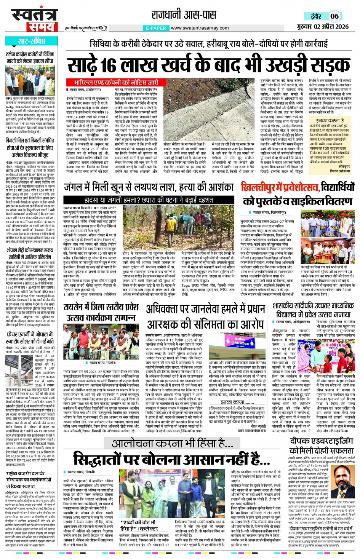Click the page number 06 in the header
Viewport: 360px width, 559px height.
click(x=334, y=16)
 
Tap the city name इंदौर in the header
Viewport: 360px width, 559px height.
click(x=316, y=16)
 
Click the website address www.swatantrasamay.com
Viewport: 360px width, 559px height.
click(x=200, y=28)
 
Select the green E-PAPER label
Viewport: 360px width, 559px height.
click(x=156, y=28)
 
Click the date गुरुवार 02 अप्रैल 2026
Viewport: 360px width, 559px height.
click(x=322, y=26)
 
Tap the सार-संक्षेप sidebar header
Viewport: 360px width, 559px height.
click(x=31, y=41)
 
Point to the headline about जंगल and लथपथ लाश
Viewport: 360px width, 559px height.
click(x=148, y=187)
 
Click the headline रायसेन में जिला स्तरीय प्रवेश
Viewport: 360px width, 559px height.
click(x=101, y=307)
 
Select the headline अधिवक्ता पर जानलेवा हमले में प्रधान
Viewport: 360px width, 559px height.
click(x=206, y=310)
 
